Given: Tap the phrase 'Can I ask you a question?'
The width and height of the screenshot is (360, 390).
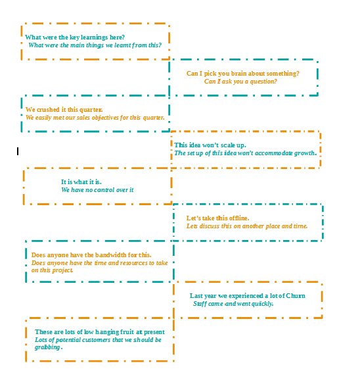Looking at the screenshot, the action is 240,82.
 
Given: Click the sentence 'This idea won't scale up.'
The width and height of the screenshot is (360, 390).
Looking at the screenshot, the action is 210,145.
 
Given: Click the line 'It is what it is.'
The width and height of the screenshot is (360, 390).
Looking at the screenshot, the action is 81,182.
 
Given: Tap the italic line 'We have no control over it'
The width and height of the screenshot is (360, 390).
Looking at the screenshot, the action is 97,190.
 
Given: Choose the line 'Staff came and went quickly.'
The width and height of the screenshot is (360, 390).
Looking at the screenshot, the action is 233,304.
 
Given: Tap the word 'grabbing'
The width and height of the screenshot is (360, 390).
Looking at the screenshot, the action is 47,347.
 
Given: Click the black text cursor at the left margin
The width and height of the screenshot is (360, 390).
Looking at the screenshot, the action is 18,151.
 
